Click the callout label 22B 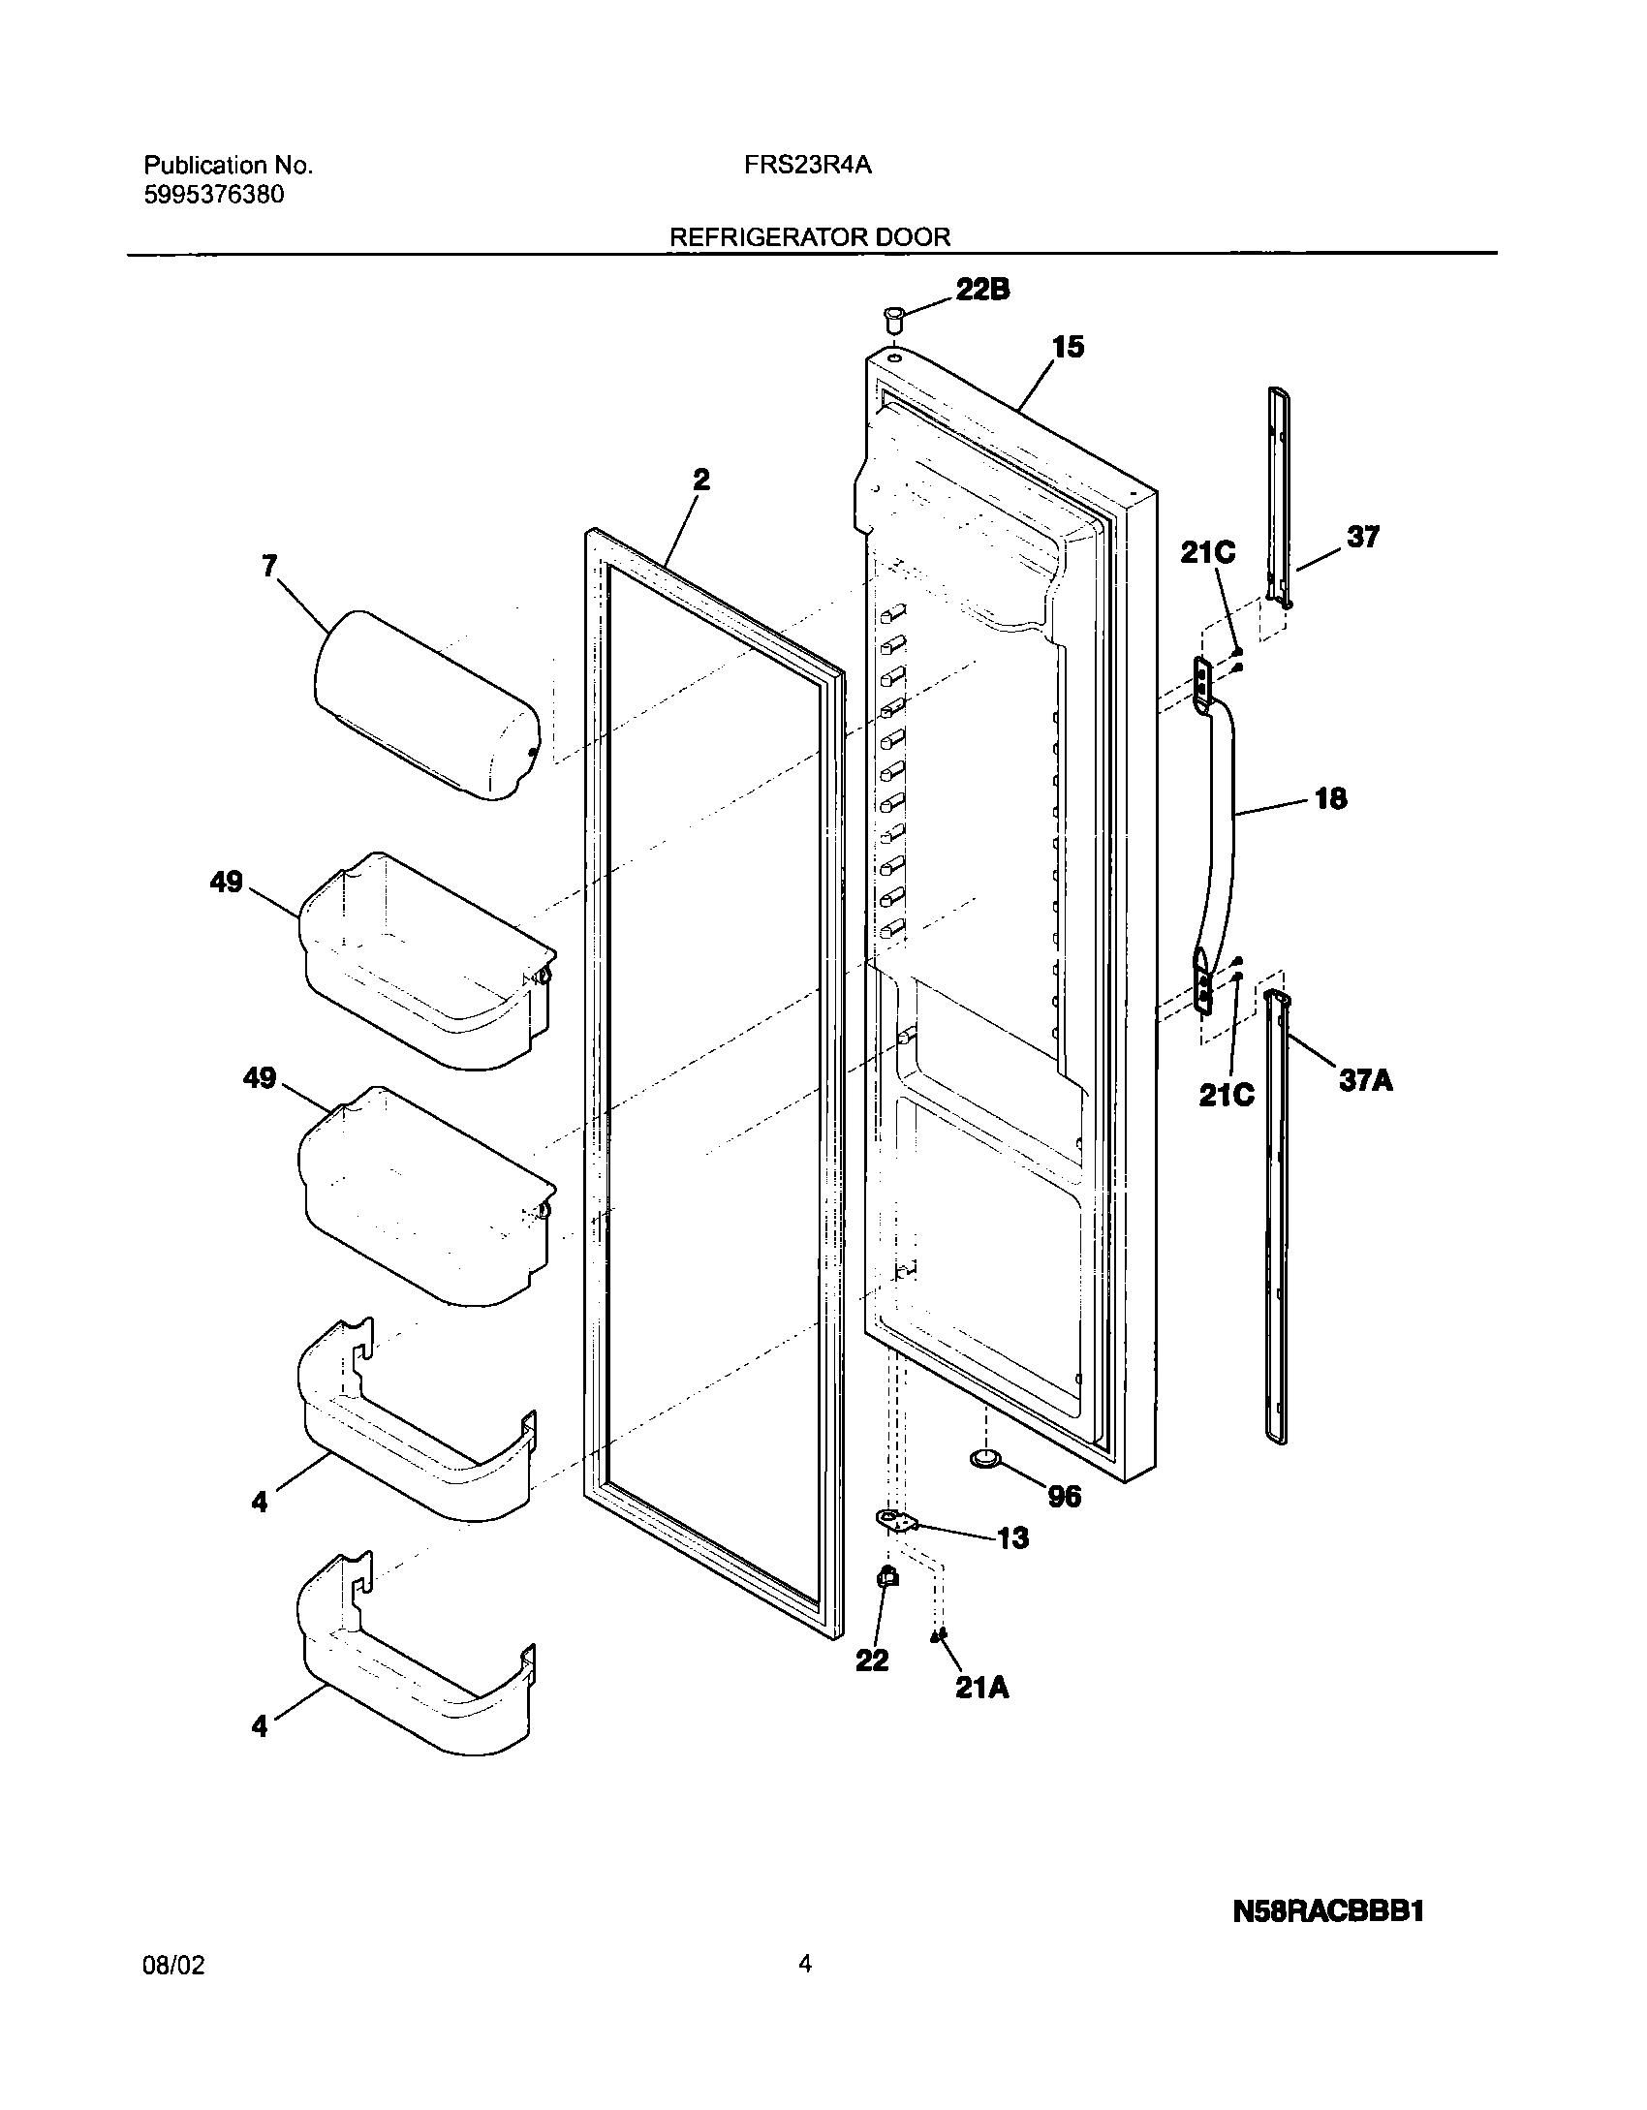(982, 290)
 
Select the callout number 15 (1068, 347)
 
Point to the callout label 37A (1365, 1080)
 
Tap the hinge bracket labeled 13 (897, 1522)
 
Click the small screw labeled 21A (938, 1636)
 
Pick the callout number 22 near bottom (872, 1660)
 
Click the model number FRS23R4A (808, 166)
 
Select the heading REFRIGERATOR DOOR (810, 237)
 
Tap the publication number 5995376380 (214, 195)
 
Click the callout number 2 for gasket (701, 480)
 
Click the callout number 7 (269, 566)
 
